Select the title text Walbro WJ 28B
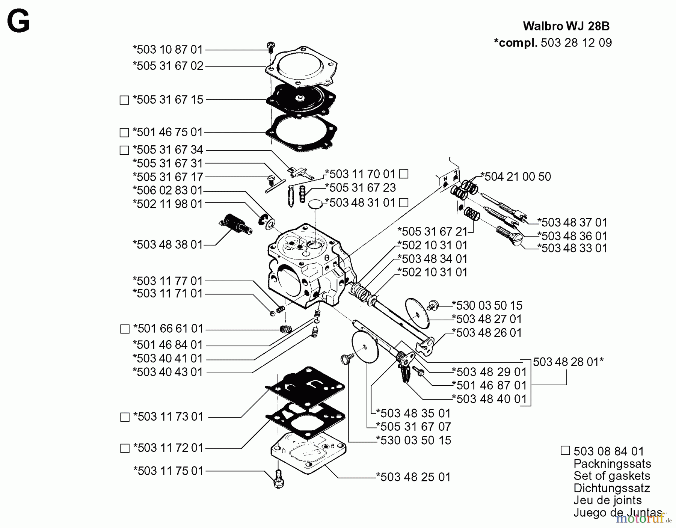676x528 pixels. (x=566, y=26)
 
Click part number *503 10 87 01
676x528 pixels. (x=167, y=50)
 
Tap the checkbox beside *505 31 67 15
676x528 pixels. (x=124, y=100)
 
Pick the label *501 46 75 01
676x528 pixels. (x=167, y=132)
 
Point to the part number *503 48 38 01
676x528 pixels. (x=167, y=244)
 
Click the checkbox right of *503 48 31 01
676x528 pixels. (x=403, y=203)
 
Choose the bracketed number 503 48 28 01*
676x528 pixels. (x=568, y=362)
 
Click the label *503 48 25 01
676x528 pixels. (x=413, y=477)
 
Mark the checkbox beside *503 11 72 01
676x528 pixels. (x=125, y=448)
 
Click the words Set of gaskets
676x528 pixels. (x=611, y=476)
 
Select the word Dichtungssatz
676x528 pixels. (x=611, y=488)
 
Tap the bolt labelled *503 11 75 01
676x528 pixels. (x=279, y=479)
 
